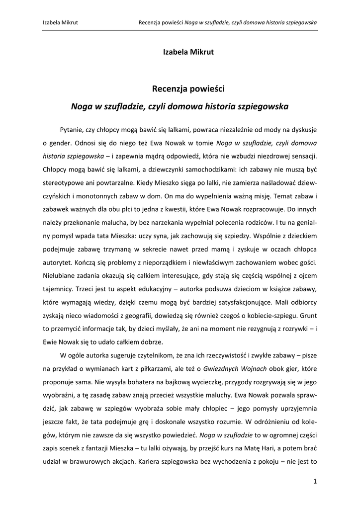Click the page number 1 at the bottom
coord(315,481)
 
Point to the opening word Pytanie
coord(72,129)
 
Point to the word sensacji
coord(302,155)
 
